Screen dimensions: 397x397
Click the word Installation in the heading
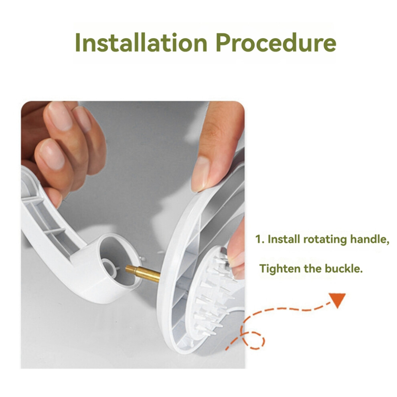point(141,42)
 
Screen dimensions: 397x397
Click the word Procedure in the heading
point(276,42)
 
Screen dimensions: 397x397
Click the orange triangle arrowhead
point(338,300)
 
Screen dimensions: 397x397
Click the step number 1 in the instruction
point(258,239)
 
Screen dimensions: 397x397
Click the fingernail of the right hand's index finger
point(200,173)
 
